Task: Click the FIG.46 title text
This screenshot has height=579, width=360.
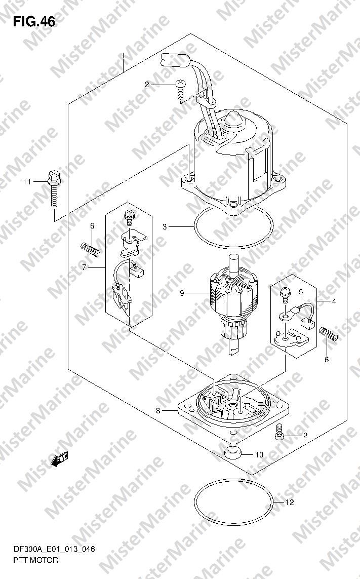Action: coord(34,22)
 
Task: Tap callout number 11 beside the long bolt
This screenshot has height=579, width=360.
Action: coord(27,182)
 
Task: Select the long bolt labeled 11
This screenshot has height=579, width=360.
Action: coord(54,188)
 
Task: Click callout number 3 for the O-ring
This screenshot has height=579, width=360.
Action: coord(165,226)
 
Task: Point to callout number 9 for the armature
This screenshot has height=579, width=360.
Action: coord(182,293)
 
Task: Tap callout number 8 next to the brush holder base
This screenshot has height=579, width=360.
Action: coord(158,410)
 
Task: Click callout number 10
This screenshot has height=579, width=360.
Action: coord(260,454)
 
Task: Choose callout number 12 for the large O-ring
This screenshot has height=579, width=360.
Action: coord(290,503)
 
